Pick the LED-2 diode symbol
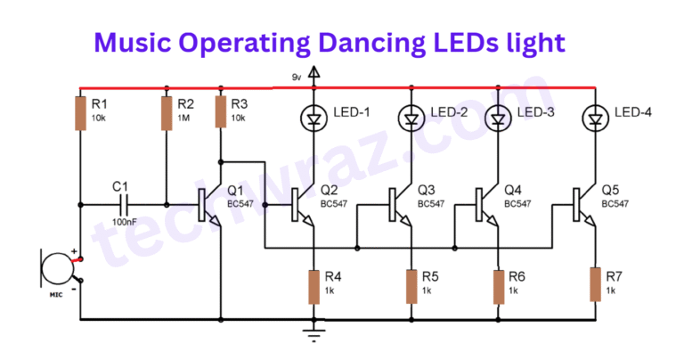(x=411, y=117)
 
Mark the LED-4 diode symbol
(x=594, y=117)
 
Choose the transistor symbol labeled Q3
(x=402, y=204)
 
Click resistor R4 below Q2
(x=313, y=285)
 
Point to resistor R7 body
(x=594, y=285)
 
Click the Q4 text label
(x=512, y=190)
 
